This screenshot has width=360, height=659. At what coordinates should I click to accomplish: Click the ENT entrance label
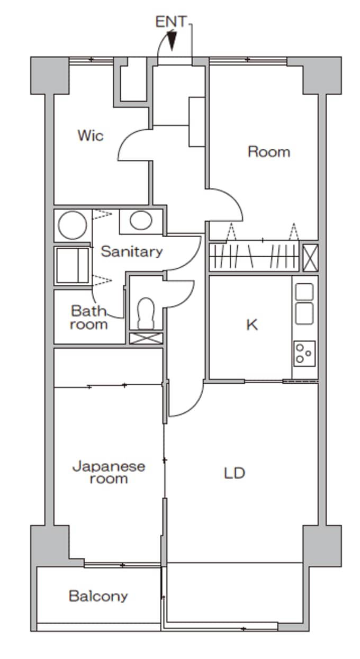click(x=170, y=22)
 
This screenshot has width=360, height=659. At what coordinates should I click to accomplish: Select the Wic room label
click(x=91, y=136)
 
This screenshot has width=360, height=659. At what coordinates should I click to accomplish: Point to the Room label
click(x=269, y=152)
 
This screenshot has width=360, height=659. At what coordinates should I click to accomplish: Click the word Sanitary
click(x=132, y=251)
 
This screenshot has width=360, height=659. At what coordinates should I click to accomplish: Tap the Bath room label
click(x=88, y=318)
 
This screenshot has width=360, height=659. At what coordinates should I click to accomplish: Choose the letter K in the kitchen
click(x=252, y=325)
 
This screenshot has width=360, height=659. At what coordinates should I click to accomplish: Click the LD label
click(x=235, y=473)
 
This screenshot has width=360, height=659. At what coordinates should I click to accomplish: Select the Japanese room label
click(x=109, y=473)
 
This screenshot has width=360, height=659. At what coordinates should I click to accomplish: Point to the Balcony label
click(x=98, y=597)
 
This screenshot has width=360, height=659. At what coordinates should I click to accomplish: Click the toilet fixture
click(x=146, y=313)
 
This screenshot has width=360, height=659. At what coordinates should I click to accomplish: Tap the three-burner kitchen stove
click(x=304, y=354)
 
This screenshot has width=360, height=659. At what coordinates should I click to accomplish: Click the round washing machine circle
click(x=73, y=225)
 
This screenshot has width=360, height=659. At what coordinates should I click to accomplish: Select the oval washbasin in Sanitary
click(x=141, y=220)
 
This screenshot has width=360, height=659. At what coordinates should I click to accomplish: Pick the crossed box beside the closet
click(x=311, y=257)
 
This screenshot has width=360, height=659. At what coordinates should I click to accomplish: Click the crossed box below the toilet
click(x=146, y=338)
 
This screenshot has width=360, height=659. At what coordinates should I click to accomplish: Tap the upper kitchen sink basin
click(x=304, y=292)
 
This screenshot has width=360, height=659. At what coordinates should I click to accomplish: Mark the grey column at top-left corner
click(x=50, y=75)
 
